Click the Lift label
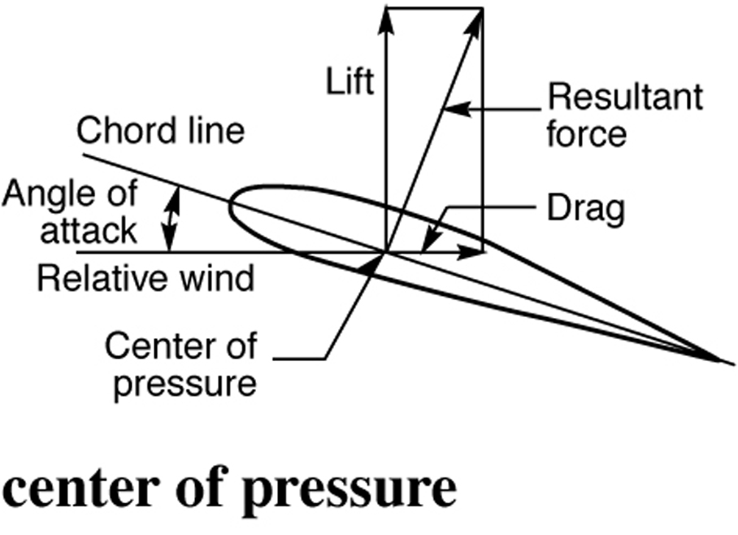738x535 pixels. tap(350, 81)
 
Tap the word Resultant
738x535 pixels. tap(623, 98)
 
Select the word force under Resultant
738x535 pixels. tap(586, 133)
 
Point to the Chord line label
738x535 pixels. tap(160, 130)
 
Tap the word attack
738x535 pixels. tap(88, 231)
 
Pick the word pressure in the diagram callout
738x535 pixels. tap(184, 382)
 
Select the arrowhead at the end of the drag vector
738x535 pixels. tap(476, 252)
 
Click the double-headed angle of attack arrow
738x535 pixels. tap(170, 218)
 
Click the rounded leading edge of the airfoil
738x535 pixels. tap(232, 204)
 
